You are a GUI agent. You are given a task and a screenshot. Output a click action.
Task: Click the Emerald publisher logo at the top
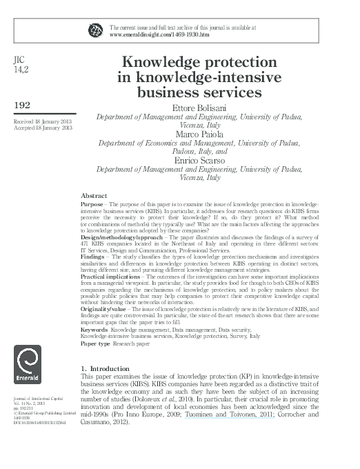(94, 28)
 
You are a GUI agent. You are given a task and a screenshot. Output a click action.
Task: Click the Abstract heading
(94, 196)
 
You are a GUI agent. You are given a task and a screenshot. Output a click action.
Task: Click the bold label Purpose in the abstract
(91, 205)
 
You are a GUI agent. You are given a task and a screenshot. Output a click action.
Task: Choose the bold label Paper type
(95, 343)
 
